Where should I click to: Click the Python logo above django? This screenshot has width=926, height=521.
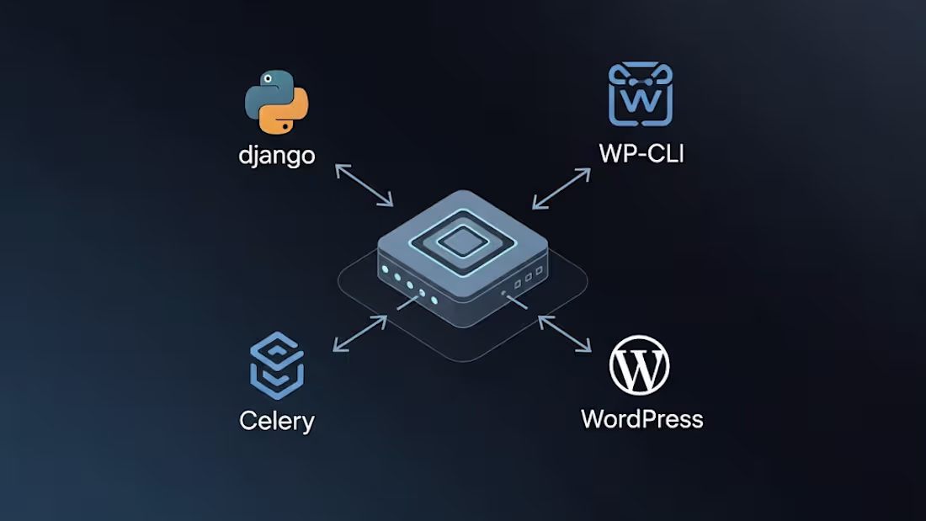click(x=277, y=103)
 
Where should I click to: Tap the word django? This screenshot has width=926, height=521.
click(x=277, y=156)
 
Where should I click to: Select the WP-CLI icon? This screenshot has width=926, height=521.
click(x=641, y=94)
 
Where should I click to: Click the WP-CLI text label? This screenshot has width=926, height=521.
click(x=641, y=153)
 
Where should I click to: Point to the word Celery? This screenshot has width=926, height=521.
click(x=277, y=420)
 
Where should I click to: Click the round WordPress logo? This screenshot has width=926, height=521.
click(x=639, y=366)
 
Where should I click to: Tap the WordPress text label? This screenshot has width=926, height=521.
click(x=641, y=418)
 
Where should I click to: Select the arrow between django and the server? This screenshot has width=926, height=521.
click(x=364, y=185)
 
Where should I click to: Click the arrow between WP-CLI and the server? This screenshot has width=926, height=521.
click(x=561, y=188)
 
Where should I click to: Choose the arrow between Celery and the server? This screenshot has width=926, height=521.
click(x=360, y=334)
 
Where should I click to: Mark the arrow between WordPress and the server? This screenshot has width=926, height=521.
click(x=565, y=333)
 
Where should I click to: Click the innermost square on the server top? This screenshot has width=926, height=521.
click(x=462, y=242)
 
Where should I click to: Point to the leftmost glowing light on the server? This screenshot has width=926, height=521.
click(x=386, y=270)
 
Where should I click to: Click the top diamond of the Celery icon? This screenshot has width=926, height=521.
click(x=277, y=345)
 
